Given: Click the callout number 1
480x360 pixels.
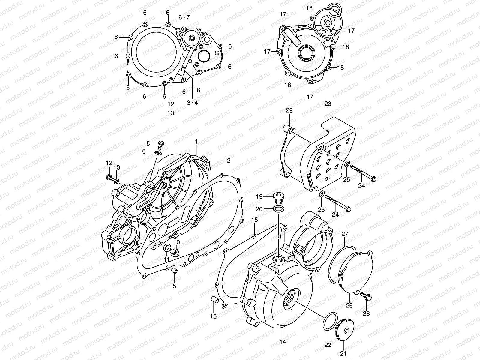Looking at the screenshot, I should pos(196,141).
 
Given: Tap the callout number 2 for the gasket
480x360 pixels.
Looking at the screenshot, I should pos(229,160).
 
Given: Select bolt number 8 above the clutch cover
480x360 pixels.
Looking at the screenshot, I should pos(160,144).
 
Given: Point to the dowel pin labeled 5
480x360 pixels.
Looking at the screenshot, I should pos(173,271).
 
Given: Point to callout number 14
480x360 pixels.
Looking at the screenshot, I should pos(283,342).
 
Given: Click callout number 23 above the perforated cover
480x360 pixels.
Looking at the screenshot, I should pos(328,104).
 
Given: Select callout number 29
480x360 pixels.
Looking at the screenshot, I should pos(289,111).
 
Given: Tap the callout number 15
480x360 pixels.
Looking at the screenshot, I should pos(254,220).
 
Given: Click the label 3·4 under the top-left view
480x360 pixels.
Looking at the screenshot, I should pos(192,103).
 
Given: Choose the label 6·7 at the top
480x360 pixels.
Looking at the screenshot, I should pos(184,17).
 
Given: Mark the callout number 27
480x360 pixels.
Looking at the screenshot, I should pos(345,234).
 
